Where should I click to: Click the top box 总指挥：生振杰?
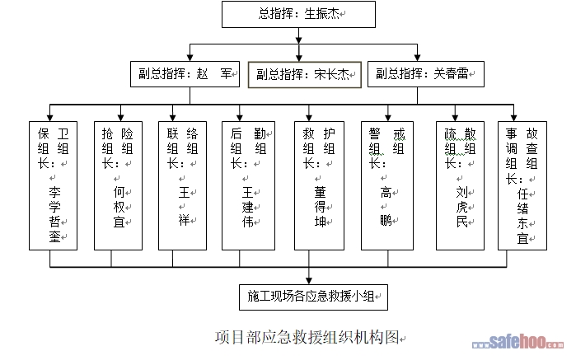(299, 14)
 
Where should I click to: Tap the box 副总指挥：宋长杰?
(305, 75)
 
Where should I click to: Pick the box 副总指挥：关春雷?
(424, 74)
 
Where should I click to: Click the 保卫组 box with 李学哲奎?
(50, 185)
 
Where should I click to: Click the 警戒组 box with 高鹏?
(385, 185)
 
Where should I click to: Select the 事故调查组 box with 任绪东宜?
(522, 185)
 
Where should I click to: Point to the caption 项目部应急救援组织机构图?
(307, 337)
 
